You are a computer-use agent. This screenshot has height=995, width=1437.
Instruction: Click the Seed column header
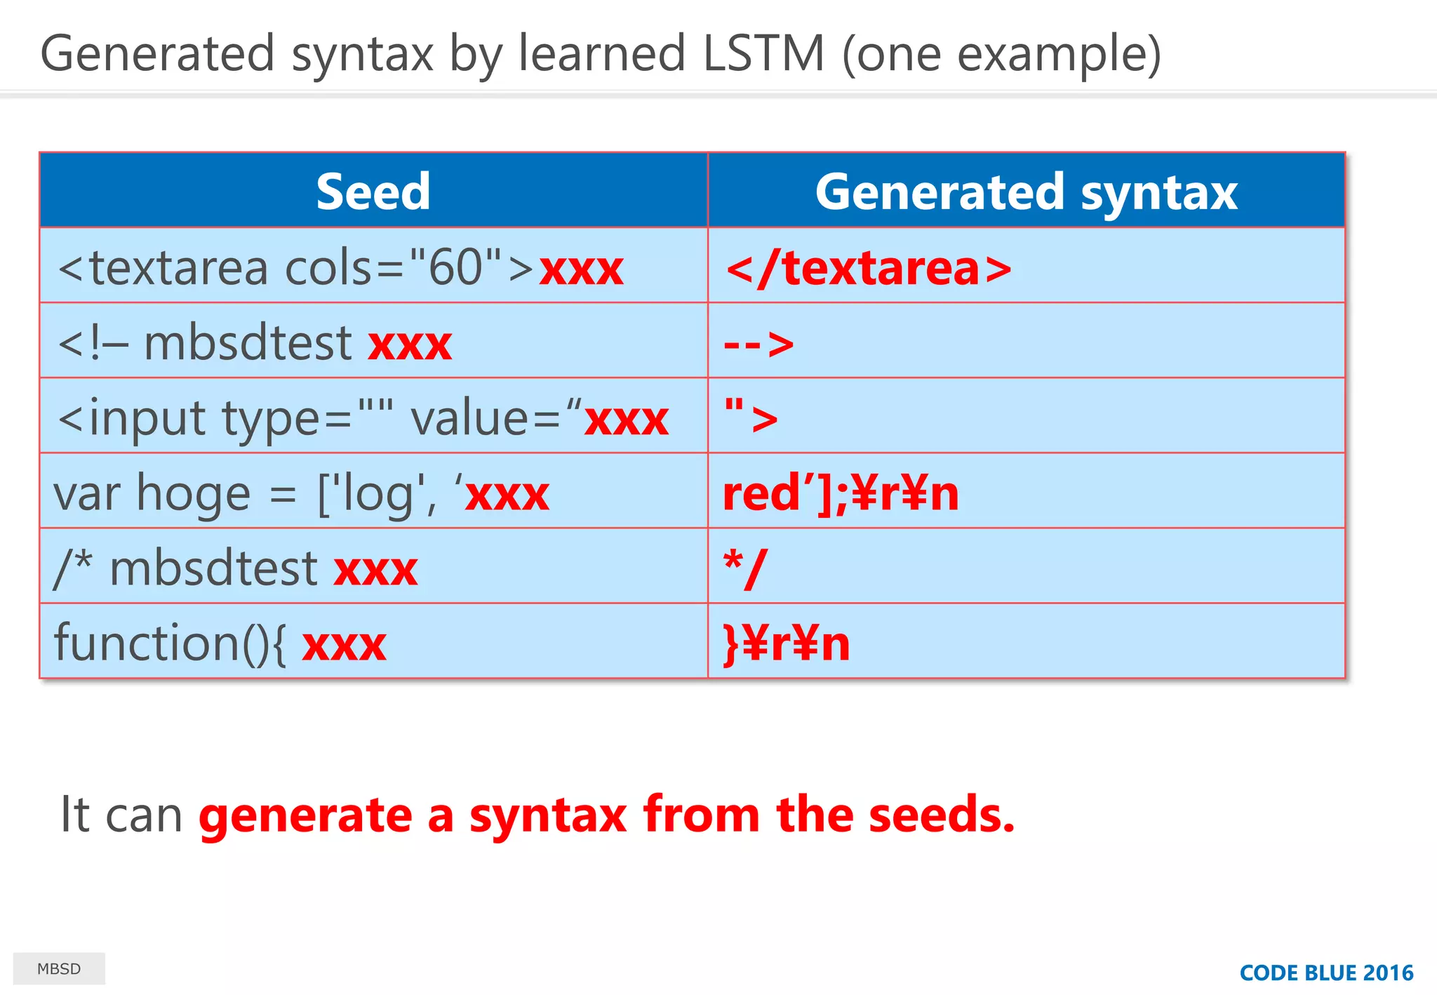pos(373,192)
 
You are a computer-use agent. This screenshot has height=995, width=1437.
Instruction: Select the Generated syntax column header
pos(1026,192)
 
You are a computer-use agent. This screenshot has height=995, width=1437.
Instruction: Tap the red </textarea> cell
pos(869,269)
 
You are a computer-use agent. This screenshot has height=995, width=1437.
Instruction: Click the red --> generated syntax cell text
pos(758,344)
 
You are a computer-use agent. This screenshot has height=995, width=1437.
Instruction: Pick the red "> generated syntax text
pos(751,417)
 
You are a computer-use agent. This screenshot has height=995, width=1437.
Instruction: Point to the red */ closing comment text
pos(745,568)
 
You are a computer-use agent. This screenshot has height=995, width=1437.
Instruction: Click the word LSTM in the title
pos(763,54)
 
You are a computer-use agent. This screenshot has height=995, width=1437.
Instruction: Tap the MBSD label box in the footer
pos(59,969)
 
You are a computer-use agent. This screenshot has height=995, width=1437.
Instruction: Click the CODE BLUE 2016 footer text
pos(1325,973)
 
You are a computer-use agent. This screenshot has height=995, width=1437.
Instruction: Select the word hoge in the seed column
pos(193,493)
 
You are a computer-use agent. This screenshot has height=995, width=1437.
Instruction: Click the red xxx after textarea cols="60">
pos(581,269)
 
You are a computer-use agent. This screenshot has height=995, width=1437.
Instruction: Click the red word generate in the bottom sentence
pos(305,815)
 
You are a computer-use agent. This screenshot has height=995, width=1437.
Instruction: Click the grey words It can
pos(121,815)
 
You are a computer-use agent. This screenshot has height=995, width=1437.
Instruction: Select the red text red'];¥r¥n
pos(841,493)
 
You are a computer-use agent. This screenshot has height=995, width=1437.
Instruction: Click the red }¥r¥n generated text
pos(786,643)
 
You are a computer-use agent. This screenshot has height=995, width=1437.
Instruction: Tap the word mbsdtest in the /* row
pos(214,568)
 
